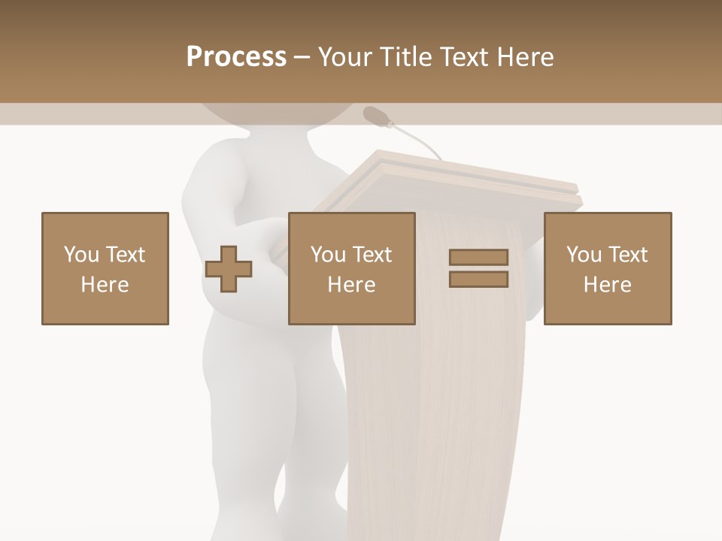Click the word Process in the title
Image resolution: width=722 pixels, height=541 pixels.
click(x=236, y=56)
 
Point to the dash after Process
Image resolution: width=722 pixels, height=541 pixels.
click(x=302, y=57)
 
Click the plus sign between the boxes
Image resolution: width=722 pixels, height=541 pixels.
click(x=229, y=268)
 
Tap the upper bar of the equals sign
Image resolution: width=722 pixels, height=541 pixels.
click(x=478, y=258)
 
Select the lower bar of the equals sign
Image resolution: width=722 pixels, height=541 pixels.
click(x=478, y=280)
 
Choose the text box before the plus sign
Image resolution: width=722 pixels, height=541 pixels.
click(x=105, y=268)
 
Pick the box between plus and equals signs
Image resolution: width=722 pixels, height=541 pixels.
click(x=352, y=268)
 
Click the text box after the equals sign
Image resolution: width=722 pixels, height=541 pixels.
click(x=608, y=268)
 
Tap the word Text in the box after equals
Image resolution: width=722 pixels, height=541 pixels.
click(x=627, y=255)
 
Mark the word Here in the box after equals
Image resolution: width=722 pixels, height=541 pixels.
click(x=608, y=285)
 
